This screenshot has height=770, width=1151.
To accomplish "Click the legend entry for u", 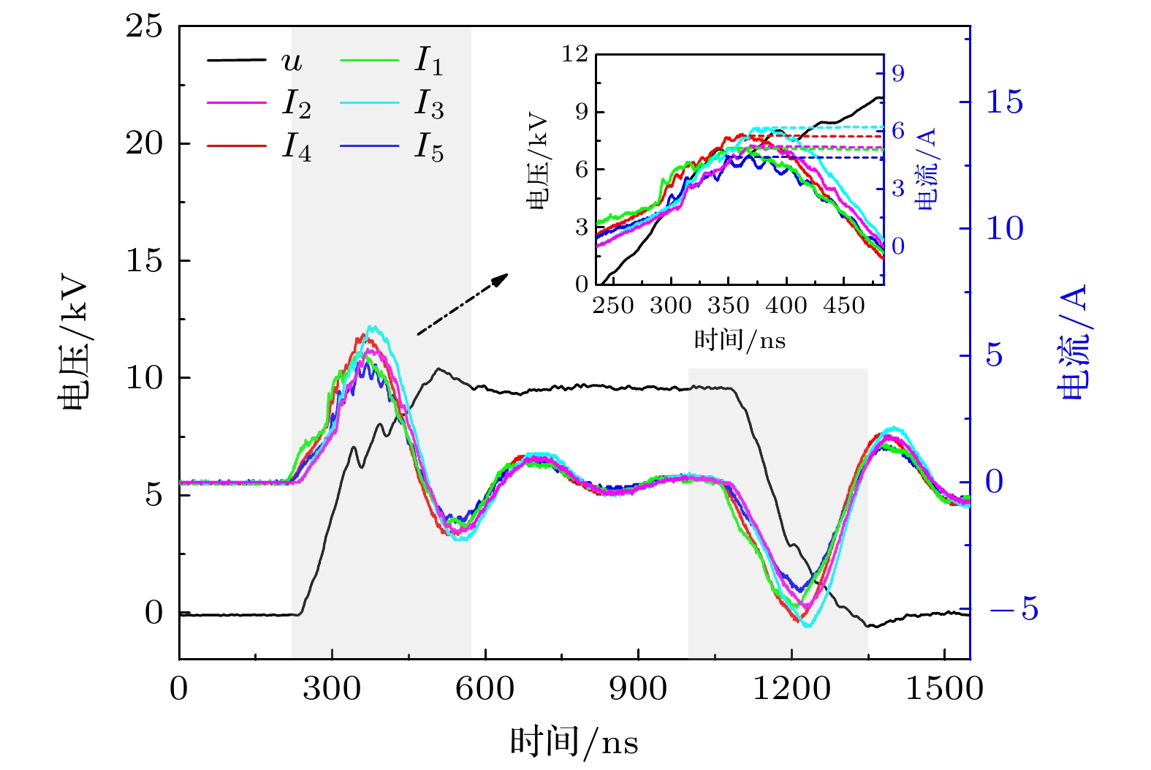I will pyautogui.click(x=292, y=61).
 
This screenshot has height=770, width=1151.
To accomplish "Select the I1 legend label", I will pyautogui.click(x=428, y=61).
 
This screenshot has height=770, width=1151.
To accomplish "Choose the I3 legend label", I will pyautogui.click(x=428, y=105).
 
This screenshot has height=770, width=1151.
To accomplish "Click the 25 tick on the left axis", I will pyautogui.click(x=144, y=27).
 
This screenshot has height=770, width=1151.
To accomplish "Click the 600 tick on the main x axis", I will pyautogui.click(x=485, y=689).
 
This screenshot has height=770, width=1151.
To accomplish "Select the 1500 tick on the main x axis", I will pyautogui.click(x=944, y=689).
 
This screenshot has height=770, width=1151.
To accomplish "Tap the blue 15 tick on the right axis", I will pyautogui.click(x=1005, y=102).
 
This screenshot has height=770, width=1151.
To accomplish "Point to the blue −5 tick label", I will pyautogui.click(x=1013, y=609).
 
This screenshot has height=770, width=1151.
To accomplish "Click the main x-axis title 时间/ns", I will pyautogui.click(x=574, y=741).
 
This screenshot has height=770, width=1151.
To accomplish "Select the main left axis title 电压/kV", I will pyautogui.click(x=75, y=344).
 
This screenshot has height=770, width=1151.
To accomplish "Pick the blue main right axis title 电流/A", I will pyautogui.click(x=1073, y=341).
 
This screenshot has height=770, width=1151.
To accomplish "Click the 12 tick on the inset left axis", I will pyautogui.click(x=575, y=54).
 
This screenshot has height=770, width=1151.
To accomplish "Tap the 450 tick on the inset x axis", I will pyautogui.click(x=843, y=306).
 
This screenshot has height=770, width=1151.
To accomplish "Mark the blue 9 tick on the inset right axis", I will pyautogui.click(x=897, y=74).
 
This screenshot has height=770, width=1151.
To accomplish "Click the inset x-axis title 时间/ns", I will pyautogui.click(x=740, y=339).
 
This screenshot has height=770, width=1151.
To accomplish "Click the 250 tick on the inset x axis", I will pyautogui.click(x=612, y=306).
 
